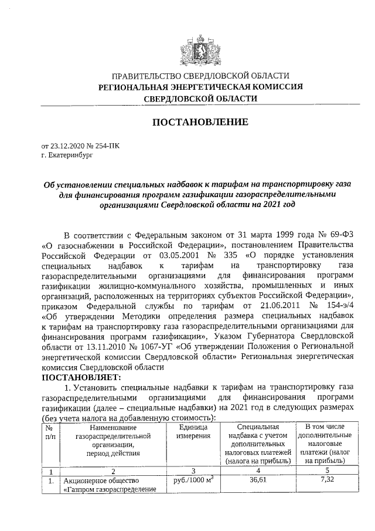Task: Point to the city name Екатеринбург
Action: pos(70,155)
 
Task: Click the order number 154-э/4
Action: pos(339,306)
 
